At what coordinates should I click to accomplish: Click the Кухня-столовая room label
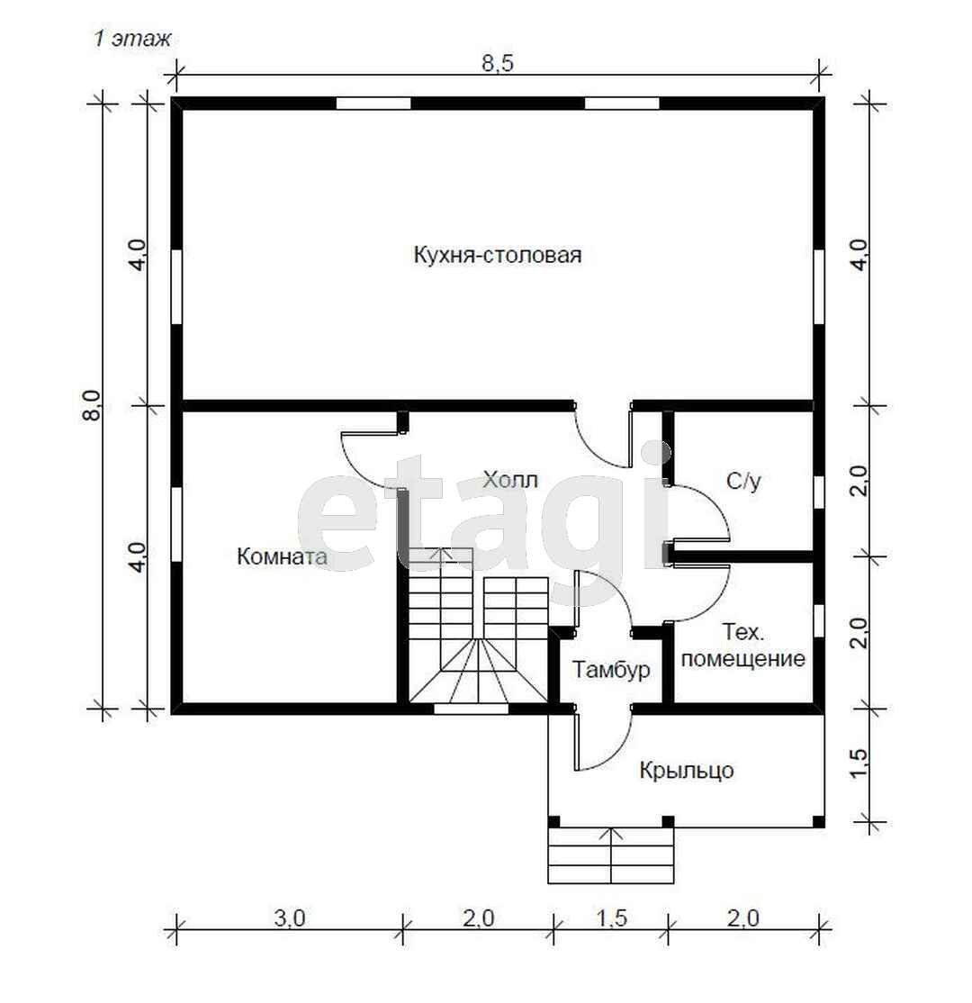(498, 255)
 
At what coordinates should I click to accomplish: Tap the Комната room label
(282, 556)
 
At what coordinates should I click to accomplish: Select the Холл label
(510, 480)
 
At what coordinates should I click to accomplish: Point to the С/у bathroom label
(743, 481)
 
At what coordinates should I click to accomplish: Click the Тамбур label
(611, 670)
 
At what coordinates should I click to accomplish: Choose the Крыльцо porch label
(686, 770)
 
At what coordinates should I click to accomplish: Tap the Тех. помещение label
(743, 646)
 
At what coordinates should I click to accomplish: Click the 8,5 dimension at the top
(498, 64)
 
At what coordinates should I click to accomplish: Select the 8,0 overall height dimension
(93, 405)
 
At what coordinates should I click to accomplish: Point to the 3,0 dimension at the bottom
(290, 918)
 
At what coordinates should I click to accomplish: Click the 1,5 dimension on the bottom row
(611, 918)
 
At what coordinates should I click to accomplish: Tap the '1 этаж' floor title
(132, 39)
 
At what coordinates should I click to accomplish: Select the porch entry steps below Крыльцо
(611, 856)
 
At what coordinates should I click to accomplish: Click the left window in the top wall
(373, 104)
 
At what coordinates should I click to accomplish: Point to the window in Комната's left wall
(176, 525)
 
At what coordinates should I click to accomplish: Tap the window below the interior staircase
(472, 708)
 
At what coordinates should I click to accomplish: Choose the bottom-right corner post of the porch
(818, 822)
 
